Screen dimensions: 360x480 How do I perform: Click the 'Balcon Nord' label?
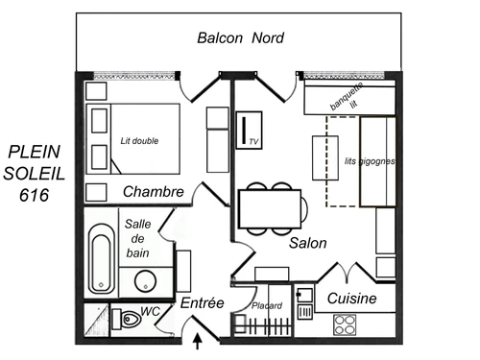pyautogui.click(x=241, y=38)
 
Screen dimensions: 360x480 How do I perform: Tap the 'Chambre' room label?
pyautogui.click(x=153, y=192)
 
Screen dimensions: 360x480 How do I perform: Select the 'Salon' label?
pyautogui.click(x=307, y=244)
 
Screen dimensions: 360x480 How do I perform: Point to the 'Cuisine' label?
pyautogui.click(x=351, y=299)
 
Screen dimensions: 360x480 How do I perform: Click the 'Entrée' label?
pyautogui.click(x=202, y=302)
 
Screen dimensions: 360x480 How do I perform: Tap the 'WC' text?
pyautogui.click(x=151, y=311)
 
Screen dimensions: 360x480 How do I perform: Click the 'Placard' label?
pyautogui.click(x=266, y=305)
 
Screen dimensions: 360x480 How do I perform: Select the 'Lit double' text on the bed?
pyautogui.click(x=139, y=140)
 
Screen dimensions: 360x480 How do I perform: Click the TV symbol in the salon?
pyautogui.click(x=249, y=130)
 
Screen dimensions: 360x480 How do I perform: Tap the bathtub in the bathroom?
pyautogui.click(x=101, y=260)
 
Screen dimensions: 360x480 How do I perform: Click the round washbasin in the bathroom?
pyautogui.click(x=146, y=281)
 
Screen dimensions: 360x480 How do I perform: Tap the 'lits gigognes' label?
pyautogui.click(x=370, y=161)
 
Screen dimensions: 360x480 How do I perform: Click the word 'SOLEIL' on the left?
pyautogui.click(x=36, y=173)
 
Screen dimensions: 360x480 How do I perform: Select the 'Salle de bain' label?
pyautogui.click(x=137, y=238)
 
